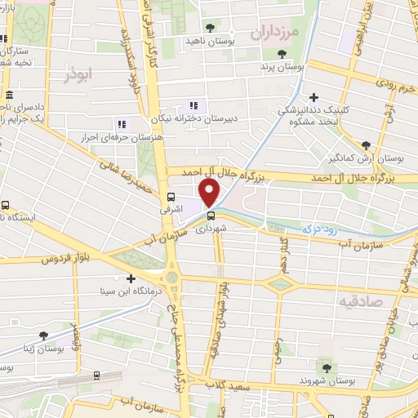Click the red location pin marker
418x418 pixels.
[210, 192]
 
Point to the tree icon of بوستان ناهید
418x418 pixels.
[210, 27]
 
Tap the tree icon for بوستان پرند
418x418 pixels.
[281, 54]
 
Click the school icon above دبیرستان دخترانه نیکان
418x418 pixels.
[193, 105]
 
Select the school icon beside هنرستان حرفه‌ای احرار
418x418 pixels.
[122, 124]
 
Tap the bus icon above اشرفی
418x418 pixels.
[171, 197]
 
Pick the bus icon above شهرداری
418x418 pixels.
[211, 216]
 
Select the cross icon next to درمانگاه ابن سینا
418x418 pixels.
[130, 278]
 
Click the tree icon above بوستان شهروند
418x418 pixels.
[327, 367]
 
